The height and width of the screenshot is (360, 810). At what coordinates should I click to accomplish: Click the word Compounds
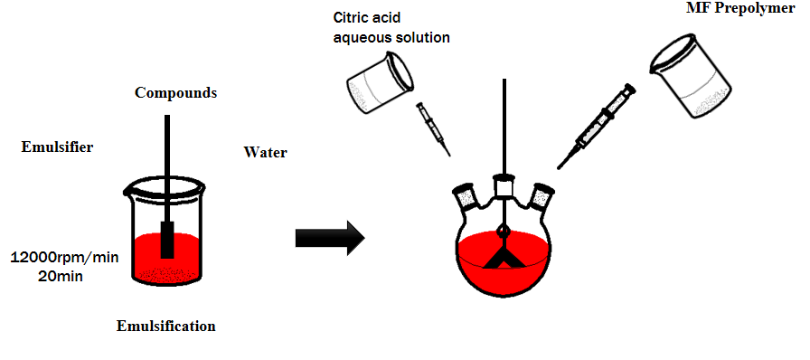175,93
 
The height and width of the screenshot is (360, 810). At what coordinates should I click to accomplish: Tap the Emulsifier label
57,147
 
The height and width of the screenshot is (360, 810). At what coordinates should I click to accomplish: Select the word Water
265,153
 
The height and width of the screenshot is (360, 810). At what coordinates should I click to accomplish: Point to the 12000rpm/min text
64,257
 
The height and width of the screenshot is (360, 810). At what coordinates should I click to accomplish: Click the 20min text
61,276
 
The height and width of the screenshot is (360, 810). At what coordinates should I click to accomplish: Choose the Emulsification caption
165,327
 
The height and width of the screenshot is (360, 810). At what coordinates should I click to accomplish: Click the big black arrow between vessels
330,239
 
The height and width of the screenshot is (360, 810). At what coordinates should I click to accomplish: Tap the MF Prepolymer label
743,9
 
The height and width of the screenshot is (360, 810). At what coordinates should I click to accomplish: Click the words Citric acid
367,19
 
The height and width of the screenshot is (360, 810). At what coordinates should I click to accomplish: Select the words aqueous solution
392,38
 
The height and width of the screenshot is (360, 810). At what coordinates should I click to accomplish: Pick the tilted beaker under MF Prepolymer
690,75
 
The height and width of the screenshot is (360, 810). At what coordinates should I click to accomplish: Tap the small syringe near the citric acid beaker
433,129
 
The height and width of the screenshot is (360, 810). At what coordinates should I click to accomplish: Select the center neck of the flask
504,186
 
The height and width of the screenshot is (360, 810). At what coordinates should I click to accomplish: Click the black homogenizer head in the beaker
167,240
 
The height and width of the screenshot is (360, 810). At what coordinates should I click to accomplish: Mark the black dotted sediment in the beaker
167,274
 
